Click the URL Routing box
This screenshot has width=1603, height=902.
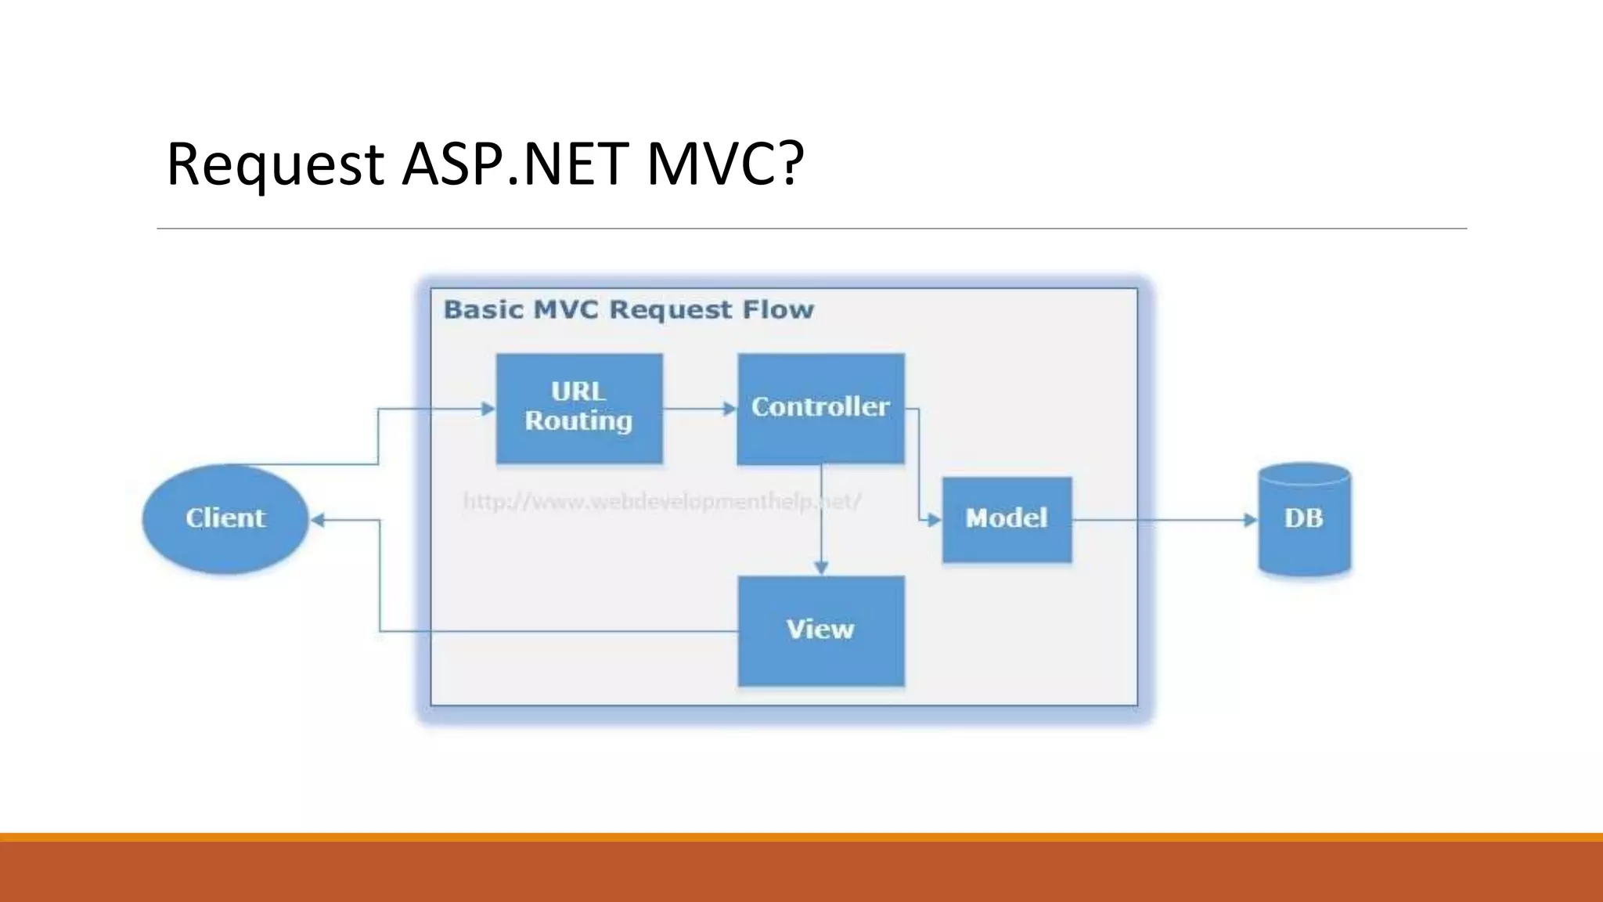point(579,408)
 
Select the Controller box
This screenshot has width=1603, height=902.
point(820,408)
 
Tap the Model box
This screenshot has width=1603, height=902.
point(1007,519)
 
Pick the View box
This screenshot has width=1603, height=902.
point(820,631)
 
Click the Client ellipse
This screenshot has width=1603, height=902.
point(225,518)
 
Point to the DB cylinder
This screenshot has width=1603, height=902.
point(1304,519)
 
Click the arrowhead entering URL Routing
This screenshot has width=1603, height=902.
point(488,409)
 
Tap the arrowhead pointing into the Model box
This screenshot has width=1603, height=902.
point(934,520)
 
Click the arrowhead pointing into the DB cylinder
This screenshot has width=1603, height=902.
point(1250,520)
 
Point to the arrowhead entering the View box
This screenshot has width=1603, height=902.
point(821,568)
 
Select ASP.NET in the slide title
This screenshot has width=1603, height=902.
point(515,164)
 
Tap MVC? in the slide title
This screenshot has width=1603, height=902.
point(725,164)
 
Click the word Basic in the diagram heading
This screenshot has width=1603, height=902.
point(483,310)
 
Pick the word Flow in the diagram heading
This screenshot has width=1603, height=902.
point(778,310)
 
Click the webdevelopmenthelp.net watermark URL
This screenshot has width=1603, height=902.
point(662,501)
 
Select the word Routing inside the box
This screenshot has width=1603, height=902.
point(578,421)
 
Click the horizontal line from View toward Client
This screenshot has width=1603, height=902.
point(560,631)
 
